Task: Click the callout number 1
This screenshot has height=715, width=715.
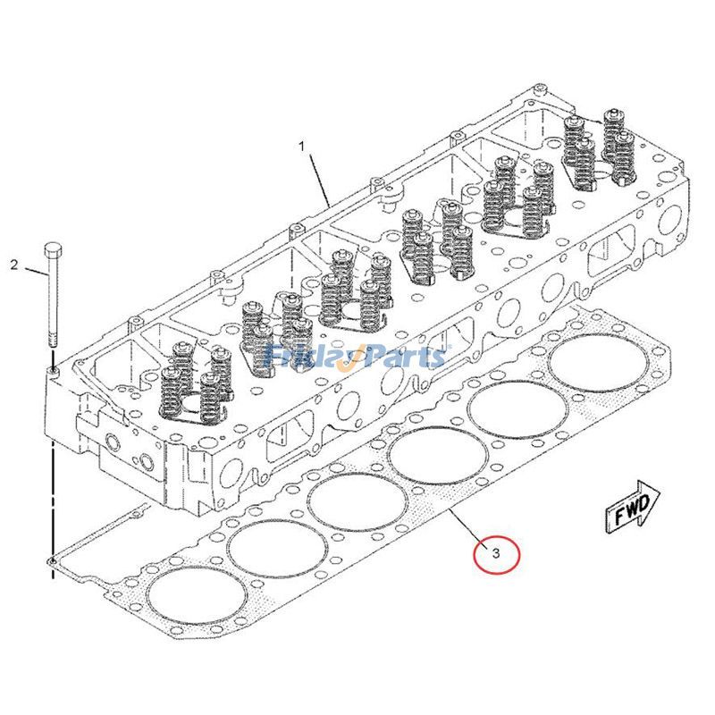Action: click(x=302, y=145)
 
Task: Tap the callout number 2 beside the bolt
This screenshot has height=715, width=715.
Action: click(x=14, y=265)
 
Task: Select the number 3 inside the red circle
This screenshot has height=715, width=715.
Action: click(x=496, y=553)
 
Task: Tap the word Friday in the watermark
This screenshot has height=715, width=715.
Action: click(x=304, y=357)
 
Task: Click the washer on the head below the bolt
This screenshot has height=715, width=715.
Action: click(x=54, y=369)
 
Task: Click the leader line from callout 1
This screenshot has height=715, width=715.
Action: click(x=319, y=179)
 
